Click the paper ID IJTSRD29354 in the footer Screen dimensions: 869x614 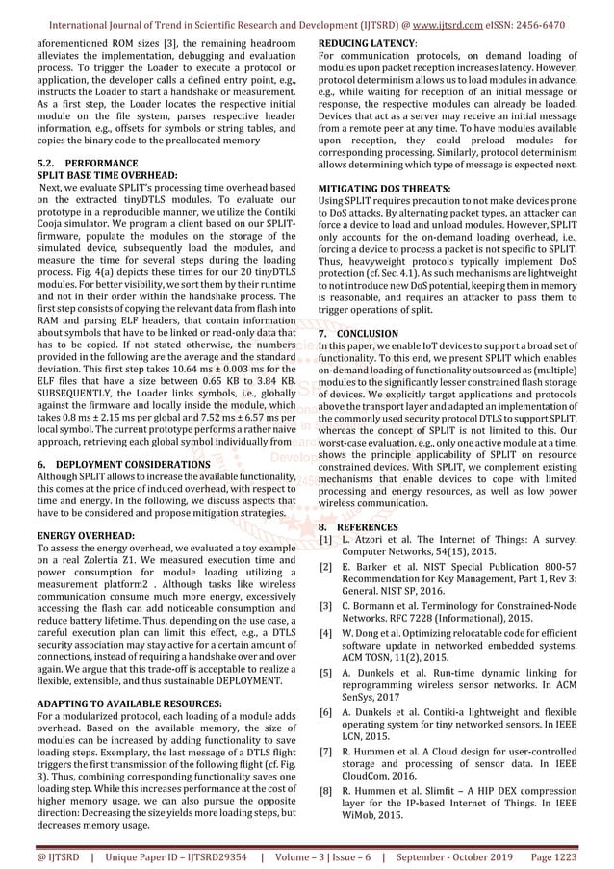[206, 854]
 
